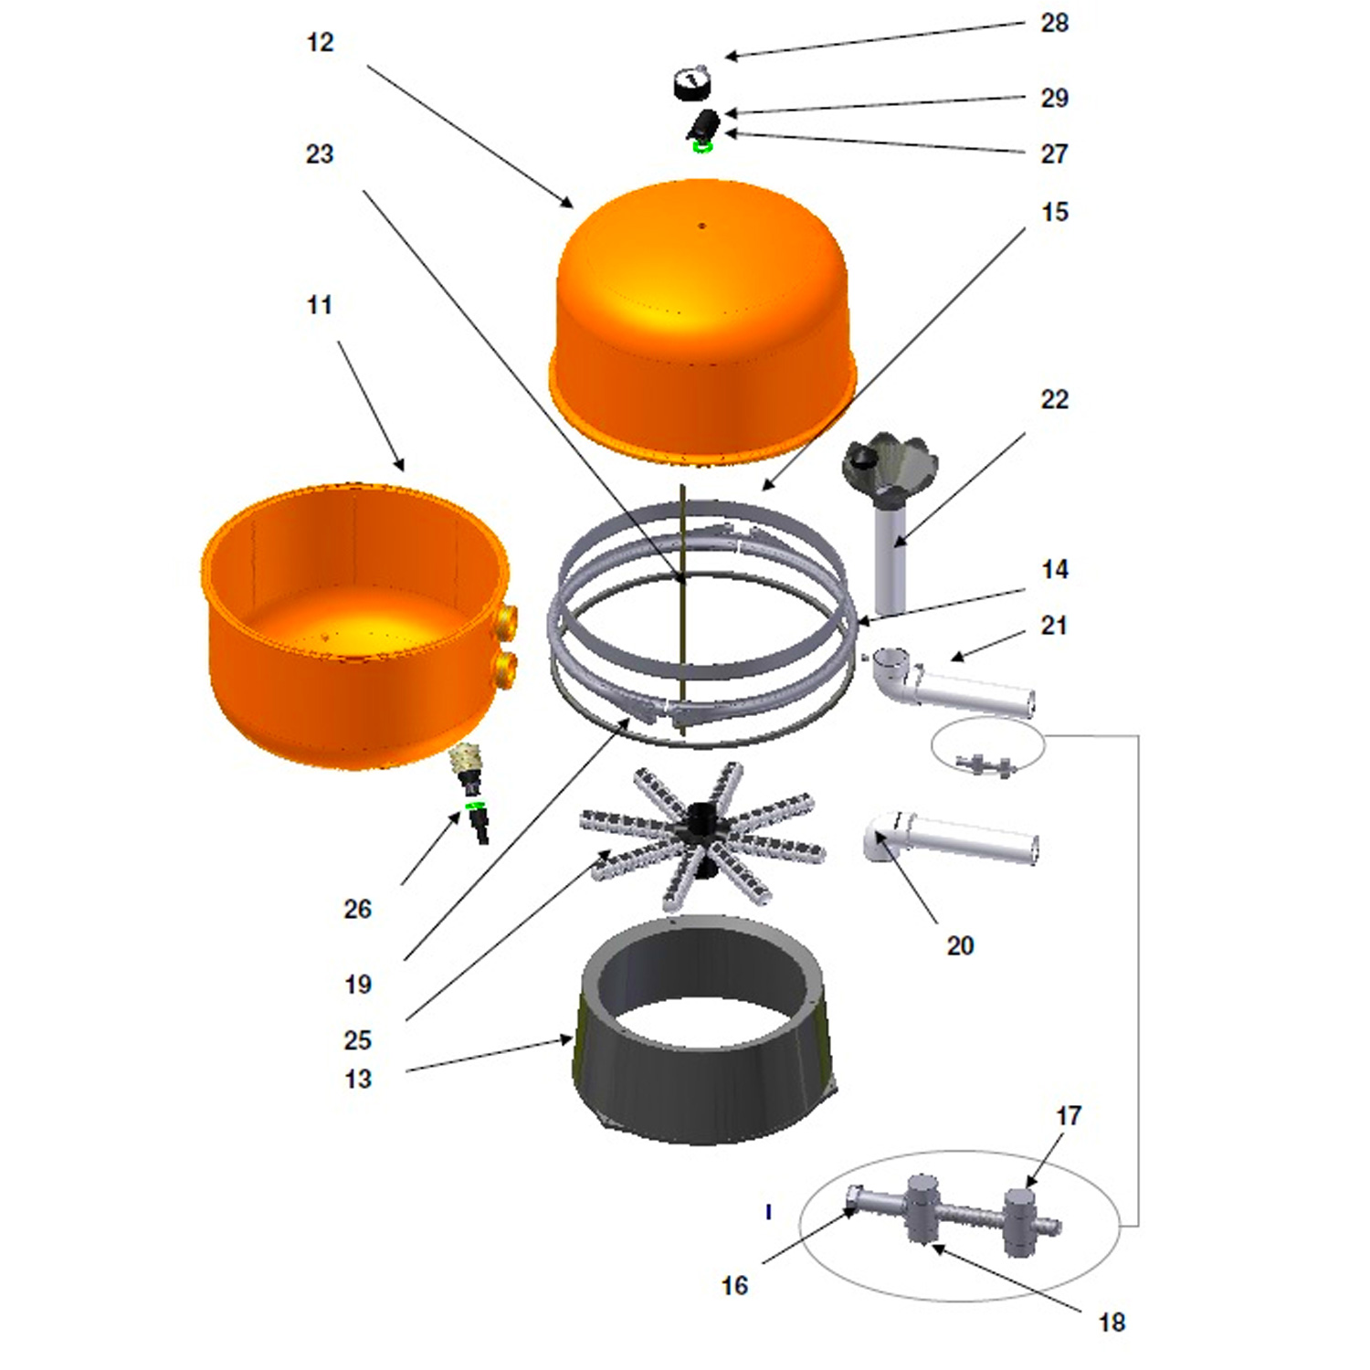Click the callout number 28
1054,23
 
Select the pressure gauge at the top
692,83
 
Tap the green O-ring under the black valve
701,145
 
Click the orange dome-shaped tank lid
702,320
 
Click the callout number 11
320,305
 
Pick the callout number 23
320,154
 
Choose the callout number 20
960,945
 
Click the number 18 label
1112,1322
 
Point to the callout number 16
734,1285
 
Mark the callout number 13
358,1079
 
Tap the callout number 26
358,909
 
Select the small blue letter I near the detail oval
769,1212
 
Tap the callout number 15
1054,212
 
